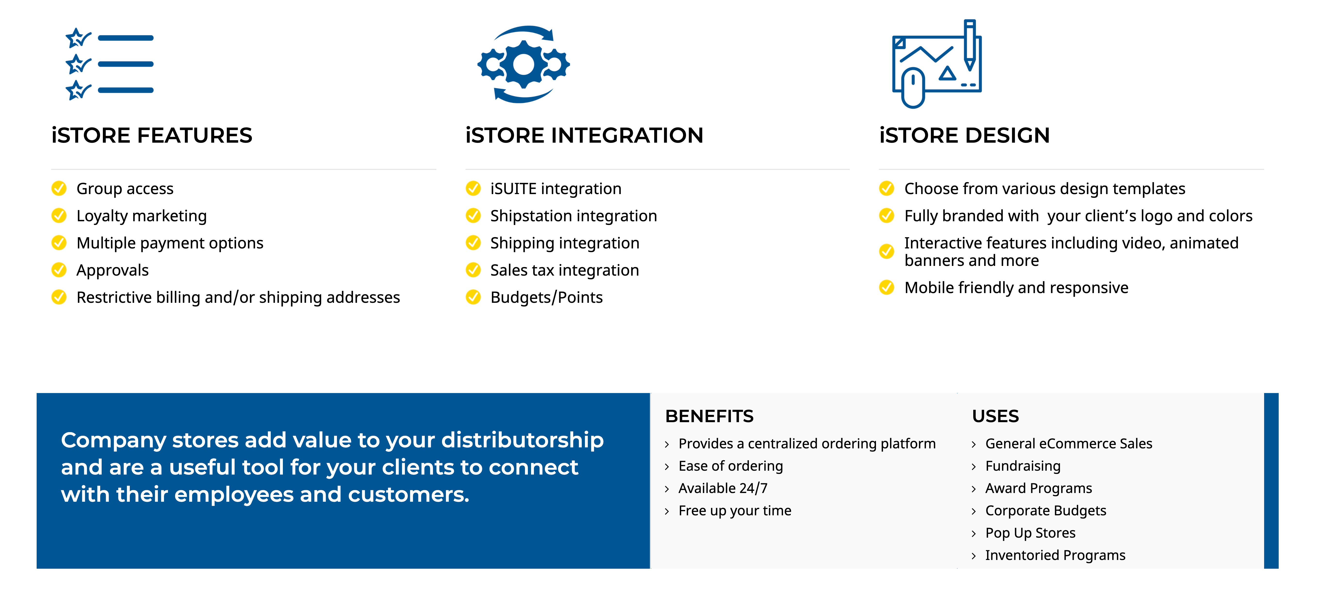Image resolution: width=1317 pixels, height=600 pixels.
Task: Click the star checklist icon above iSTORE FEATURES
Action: [x=109, y=64]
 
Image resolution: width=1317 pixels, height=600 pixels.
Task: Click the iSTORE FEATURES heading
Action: [x=152, y=136]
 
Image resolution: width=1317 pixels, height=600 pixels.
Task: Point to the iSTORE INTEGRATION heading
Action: [x=584, y=136]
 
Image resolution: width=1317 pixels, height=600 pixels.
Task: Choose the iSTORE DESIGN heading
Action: [x=964, y=136]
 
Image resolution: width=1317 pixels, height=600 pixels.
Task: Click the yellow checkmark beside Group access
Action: [x=59, y=189]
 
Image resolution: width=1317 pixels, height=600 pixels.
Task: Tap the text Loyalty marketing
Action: [x=142, y=216]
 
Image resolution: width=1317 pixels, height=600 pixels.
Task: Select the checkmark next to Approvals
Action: [x=59, y=270]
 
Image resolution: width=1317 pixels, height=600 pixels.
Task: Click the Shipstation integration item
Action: [x=573, y=216]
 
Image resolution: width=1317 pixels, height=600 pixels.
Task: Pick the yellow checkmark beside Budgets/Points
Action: [x=474, y=297]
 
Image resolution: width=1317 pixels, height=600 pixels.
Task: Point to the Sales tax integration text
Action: [x=564, y=270]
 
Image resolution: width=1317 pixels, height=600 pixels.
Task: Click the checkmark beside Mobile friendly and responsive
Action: [x=886, y=288]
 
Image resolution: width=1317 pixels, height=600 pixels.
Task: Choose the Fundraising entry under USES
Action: [x=1023, y=466]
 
